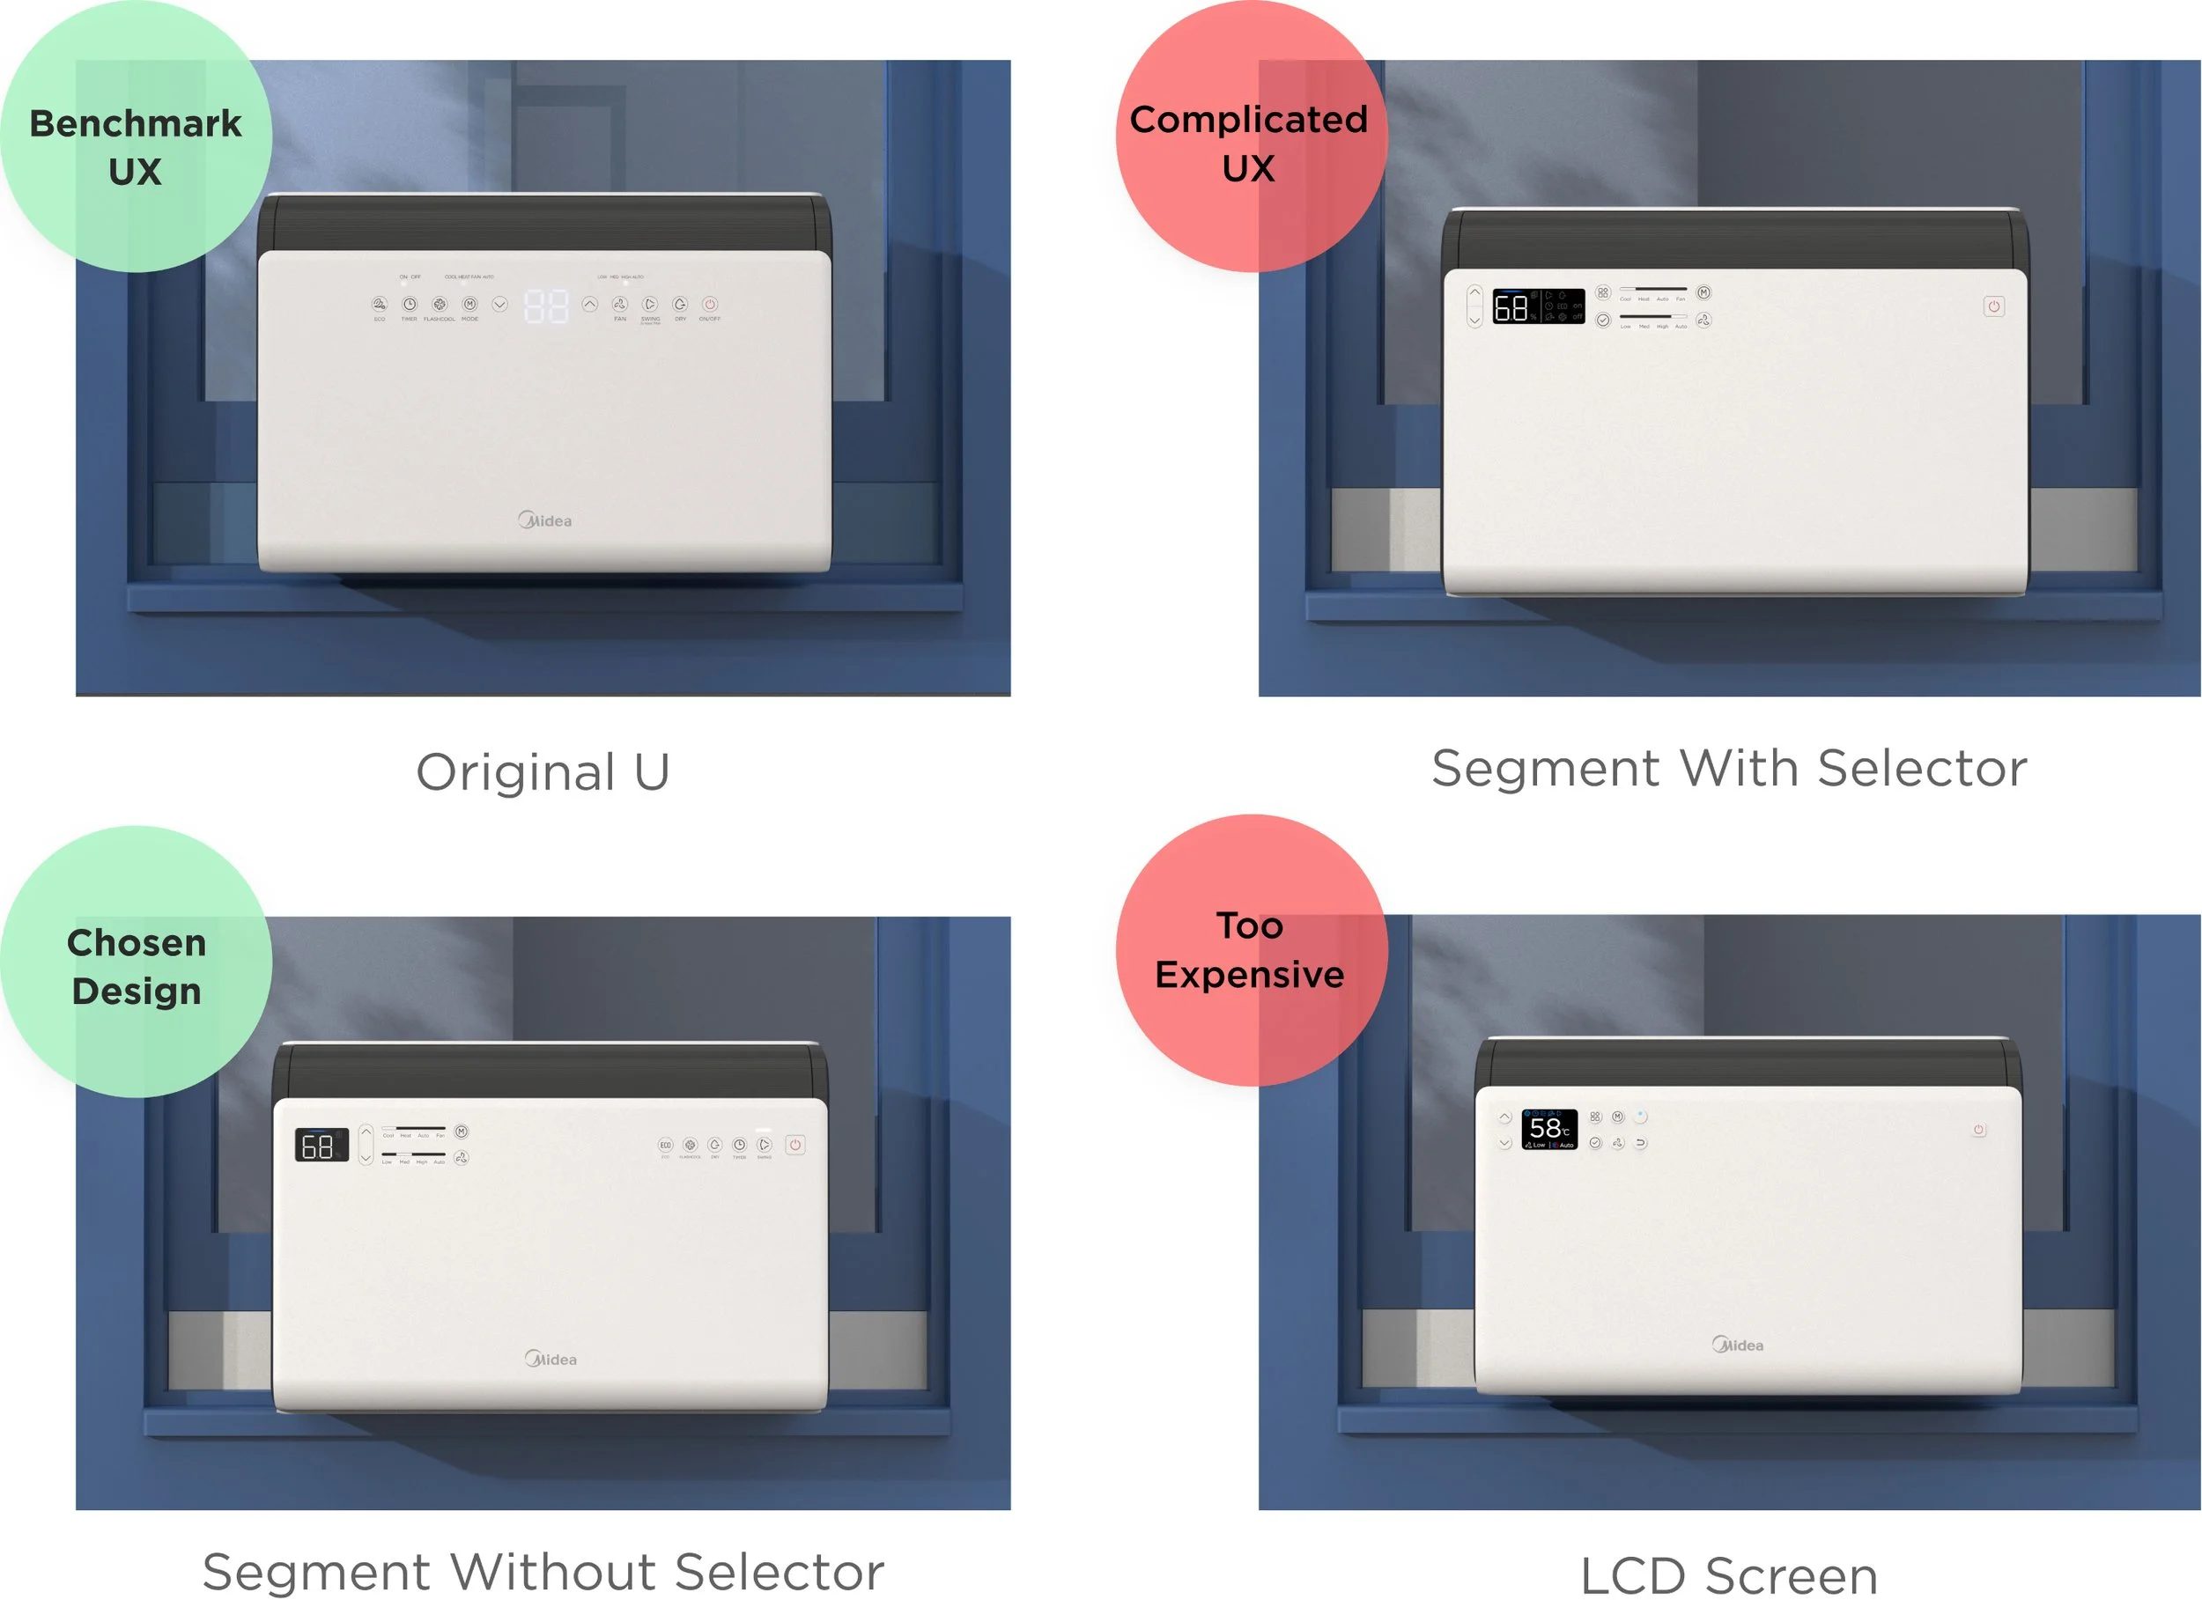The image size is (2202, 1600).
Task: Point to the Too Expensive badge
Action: [1251, 949]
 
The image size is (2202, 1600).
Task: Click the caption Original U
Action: [543, 773]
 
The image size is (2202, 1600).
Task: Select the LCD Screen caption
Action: [1728, 1574]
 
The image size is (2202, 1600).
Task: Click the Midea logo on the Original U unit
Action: [544, 520]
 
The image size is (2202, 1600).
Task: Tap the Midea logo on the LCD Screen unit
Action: [1737, 1345]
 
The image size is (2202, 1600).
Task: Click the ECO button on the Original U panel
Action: [379, 305]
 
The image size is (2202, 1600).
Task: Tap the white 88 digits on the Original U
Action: [545, 306]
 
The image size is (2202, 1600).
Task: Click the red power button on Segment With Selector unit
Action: [1993, 306]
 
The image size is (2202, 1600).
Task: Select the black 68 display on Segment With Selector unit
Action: [1537, 306]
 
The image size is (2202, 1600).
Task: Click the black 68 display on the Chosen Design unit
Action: [321, 1146]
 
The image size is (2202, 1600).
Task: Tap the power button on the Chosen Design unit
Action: [794, 1146]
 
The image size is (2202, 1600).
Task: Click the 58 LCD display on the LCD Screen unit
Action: [1548, 1129]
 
